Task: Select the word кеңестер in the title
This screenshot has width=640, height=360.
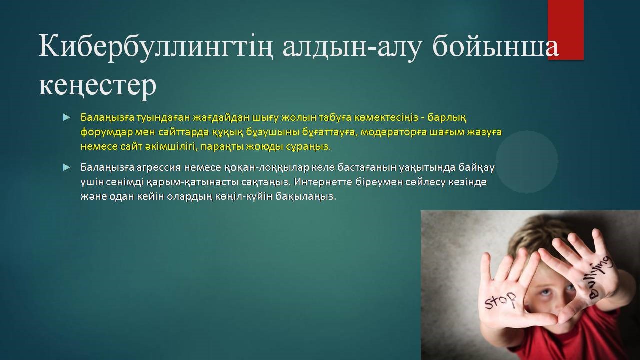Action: click(x=97, y=85)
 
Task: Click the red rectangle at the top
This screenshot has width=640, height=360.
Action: click(x=565, y=30)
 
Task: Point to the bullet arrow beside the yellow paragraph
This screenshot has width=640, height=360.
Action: click(x=66, y=117)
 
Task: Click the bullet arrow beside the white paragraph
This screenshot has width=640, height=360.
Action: click(x=66, y=167)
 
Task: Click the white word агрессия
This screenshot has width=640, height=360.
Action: click(x=159, y=167)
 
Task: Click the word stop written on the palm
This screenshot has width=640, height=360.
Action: click(x=500, y=301)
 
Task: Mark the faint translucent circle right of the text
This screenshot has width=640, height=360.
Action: click(x=527, y=162)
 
